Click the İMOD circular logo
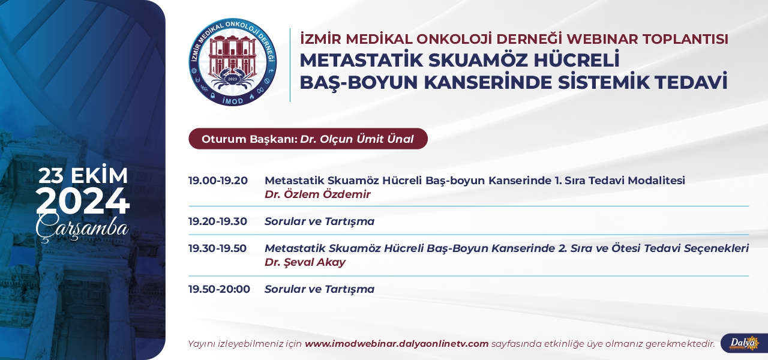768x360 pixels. [233, 62]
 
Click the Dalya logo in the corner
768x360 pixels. [745, 343]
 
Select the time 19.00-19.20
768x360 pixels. [218, 181]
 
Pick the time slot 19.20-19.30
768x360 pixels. [218, 221]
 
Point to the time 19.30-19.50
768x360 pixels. [217, 248]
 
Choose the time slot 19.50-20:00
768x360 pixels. [219, 289]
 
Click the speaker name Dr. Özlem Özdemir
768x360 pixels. [317, 194]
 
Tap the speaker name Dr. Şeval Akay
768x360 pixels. [305, 262]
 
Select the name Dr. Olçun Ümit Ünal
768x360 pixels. [357, 139]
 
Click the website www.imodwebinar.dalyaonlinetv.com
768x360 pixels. [397, 344]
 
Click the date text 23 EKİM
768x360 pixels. [83, 176]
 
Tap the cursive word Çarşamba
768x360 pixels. [82, 228]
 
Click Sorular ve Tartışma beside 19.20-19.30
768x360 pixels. [320, 221]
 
